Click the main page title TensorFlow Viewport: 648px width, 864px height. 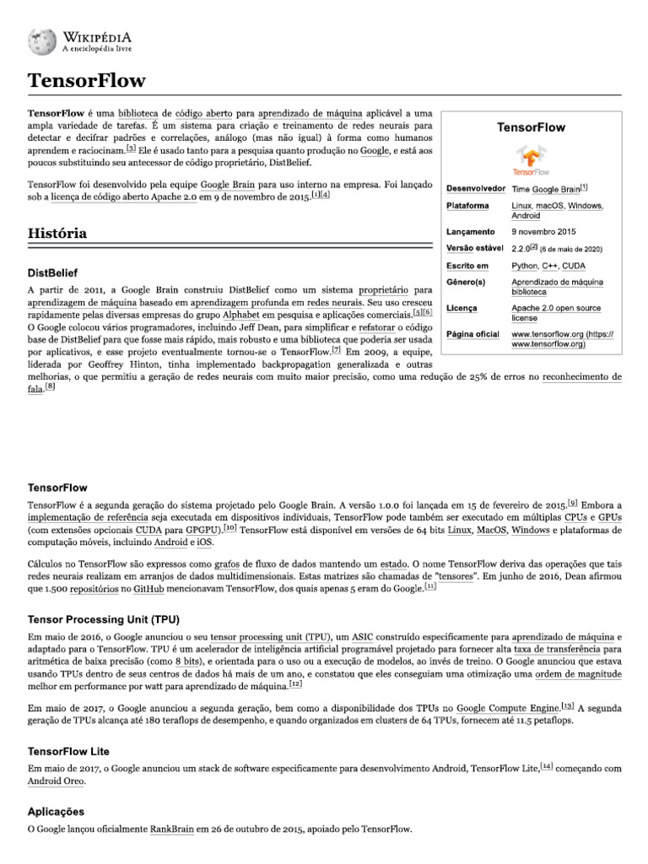pos(86,81)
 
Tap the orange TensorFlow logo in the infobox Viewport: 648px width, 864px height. pos(531,160)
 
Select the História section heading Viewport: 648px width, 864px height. pos(57,232)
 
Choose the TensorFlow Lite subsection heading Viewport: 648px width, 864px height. pos(69,751)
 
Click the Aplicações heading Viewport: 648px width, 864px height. pos(57,811)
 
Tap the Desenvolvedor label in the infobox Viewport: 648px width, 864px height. pos(476,187)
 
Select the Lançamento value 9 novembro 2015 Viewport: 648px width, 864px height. pos(543,230)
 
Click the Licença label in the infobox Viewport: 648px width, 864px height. pos(462,309)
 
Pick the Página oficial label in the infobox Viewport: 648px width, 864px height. pos(472,335)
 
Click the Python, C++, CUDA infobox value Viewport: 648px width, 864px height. pos(548,266)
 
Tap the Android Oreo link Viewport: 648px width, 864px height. pos(57,781)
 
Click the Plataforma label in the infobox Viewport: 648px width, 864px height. pos(467,206)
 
